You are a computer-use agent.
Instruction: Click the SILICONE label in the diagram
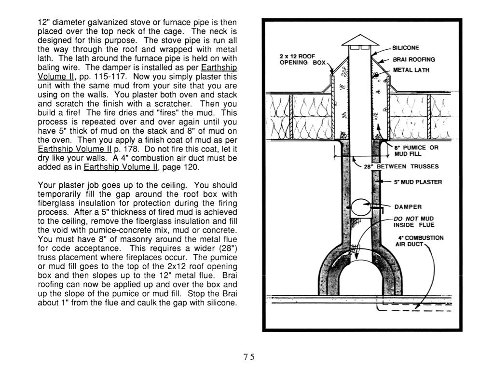406,48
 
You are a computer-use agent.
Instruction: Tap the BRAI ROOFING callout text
414,59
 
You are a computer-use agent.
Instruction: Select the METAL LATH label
411,70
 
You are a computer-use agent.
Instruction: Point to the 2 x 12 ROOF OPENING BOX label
302,59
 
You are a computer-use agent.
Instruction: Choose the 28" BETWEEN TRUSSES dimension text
401,166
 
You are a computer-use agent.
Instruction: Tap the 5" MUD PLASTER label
418,182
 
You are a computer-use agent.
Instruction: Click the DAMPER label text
408,207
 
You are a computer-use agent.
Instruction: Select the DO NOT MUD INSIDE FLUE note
414,222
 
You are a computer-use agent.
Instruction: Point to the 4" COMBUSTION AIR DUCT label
419,241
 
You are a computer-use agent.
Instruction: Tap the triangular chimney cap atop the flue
360,40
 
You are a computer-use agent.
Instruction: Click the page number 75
249,357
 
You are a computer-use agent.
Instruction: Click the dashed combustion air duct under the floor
414,307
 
